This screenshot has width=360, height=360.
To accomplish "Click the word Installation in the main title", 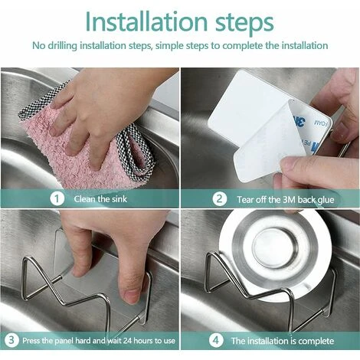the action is pyautogui.click(x=146, y=21).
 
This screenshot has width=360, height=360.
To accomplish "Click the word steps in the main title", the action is pyautogui.click(x=244, y=24).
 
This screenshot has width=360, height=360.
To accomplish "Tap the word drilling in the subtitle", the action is pyautogui.click(x=62, y=46).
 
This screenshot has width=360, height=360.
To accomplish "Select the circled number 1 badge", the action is pyautogui.click(x=57, y=199).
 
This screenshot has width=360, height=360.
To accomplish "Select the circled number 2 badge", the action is pyautogui.click(x=220, y=199).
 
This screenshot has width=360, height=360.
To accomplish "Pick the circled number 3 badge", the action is pyautogui.click(x=11, y=340).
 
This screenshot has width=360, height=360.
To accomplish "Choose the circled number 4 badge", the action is pyautogui.click(x=216, y=340).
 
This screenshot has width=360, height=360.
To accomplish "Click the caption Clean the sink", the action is pyautogui.click(x=100, y=199).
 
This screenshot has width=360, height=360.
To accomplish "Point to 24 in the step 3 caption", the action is pyautogui.click(x=127, y=341).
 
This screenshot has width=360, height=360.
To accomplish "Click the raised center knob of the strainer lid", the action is pyautogui.click(x=275, y=247).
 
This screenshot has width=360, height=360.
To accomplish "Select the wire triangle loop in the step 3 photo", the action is pyautogui.click(x=40, y=277).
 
